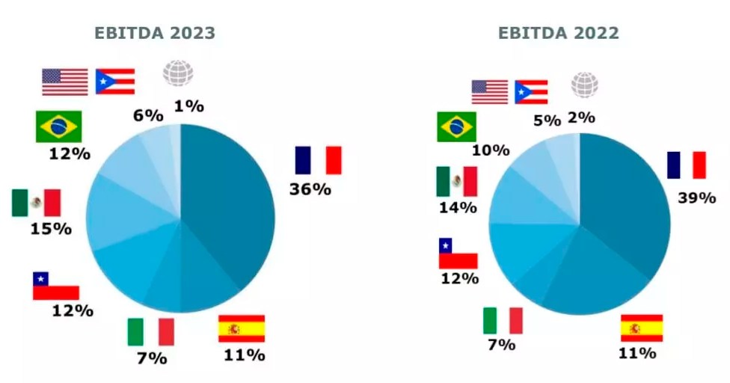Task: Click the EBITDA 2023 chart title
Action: (155, 33)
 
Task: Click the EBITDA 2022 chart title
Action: (559, 33)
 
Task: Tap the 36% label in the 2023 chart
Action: (310, 189)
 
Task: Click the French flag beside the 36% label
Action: (318, 160)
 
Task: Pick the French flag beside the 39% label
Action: (687, 165)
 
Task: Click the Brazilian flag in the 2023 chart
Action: (58, 126)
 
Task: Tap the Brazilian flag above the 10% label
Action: (456, 126)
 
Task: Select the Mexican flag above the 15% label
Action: (37, 203)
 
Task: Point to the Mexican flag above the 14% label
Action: (456, 182)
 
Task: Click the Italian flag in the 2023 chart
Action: (150, 332)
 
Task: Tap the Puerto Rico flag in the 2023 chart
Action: (115, 81)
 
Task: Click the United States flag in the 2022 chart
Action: (490, 92)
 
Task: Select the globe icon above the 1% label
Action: (178, 73)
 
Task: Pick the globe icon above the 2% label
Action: (584, 85)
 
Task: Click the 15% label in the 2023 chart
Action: (51, 228)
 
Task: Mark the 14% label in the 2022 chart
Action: (458, 207)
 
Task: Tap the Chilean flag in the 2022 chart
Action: (458, 254)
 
